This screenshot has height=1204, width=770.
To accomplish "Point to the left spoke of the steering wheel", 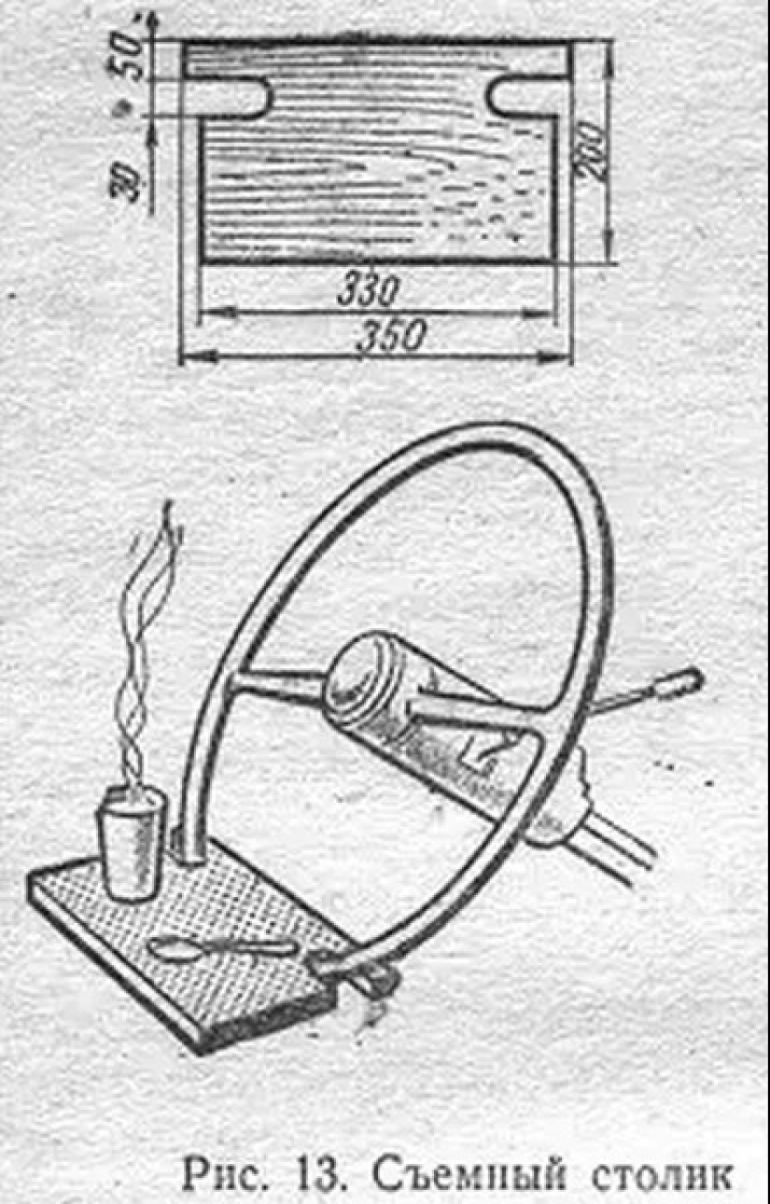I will coord(275,686).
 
